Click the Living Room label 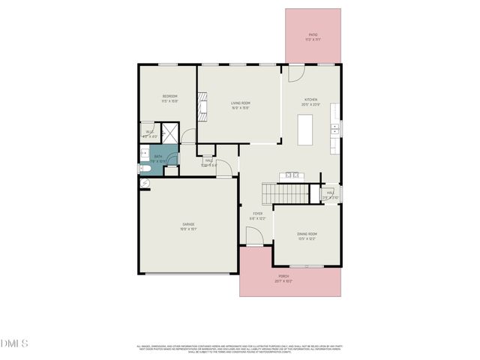click(240, 103)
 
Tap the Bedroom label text click(170, 96)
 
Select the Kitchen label click(310, 100)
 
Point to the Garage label click(187, 223)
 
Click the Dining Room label click(307, 235)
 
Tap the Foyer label click(257, 214)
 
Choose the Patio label click(313, 34)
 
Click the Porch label click(283, 276)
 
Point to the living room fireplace click(201, 106)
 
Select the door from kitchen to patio click(295, 73)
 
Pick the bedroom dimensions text click(170, 100)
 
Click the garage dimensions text click(187, 228)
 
